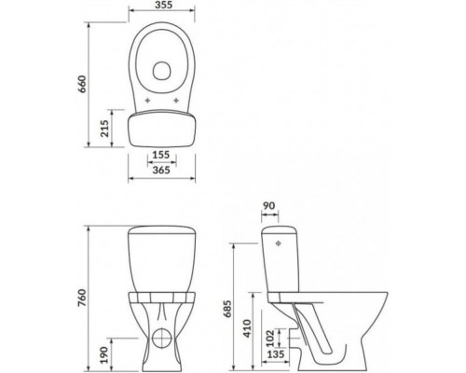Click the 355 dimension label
[163, 5]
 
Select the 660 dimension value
[82, 84]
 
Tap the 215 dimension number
[104, 129]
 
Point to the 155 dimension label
[161, 155]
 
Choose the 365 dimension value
[161, 170]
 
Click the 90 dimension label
[269, 206]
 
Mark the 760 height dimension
[82, 298]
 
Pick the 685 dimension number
[227, 309]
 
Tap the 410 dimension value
[248, 328]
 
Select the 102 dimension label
[270, 338]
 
